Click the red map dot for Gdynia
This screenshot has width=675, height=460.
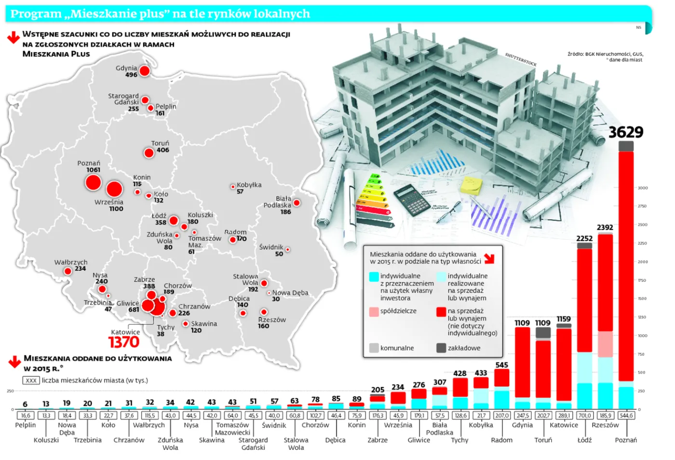[x=144, y=71]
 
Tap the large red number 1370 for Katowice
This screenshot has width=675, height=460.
[x=124, y=342]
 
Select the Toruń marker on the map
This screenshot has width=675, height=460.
[x=149, y=153]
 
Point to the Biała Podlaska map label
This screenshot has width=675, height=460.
[x=278, y=202]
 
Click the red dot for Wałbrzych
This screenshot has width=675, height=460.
[x=68, y=271]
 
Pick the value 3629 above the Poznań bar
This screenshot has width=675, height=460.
[x=625, y=132]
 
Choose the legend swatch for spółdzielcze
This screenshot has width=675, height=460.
[x=374, y=311]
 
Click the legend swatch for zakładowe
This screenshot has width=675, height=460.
[x=441, y=348]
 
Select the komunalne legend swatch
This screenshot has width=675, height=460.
[x=374, y=348]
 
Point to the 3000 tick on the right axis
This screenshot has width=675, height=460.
[x=643, y=188]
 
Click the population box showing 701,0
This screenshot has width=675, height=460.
[x=584, y=416]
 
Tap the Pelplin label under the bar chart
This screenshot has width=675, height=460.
[x=25, y=425]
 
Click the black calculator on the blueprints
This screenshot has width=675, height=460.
[x=411, y=199]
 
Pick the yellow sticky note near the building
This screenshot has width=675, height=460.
[x=471, y=185]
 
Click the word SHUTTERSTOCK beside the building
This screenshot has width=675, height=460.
[x=520, y=59]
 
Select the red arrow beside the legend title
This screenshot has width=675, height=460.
[x=489, y=259]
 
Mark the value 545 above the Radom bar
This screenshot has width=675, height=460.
[x=501, y=365]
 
